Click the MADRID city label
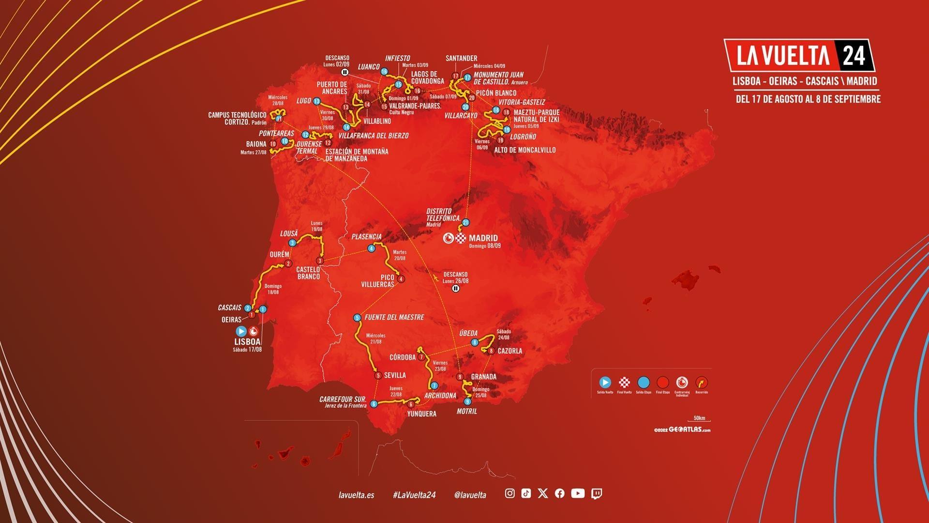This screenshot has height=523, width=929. click(483, 238)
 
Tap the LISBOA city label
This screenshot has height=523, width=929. click(247, 341)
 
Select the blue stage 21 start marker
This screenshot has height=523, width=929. click(465, 222)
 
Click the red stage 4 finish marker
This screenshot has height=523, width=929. click(401, 279)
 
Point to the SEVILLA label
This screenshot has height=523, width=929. click(395, 375)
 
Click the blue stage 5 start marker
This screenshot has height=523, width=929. click(357, 318)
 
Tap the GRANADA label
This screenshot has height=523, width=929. click(483, 377)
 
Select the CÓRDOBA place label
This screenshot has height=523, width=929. click(403, 357)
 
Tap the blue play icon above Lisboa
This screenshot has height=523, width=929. click(241, 331)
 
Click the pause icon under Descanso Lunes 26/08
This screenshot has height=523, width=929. click(455, 289)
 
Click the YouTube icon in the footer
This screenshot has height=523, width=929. click(578, 493)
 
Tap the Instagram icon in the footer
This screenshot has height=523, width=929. click(509, 493)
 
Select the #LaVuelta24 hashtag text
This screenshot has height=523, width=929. click(414, 494)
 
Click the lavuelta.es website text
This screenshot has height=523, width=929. click(357, 494)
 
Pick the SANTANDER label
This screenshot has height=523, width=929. click(461, 59)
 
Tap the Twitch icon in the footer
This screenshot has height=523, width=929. click(597, 493)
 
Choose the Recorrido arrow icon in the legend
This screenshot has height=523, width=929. click(701, 383)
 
